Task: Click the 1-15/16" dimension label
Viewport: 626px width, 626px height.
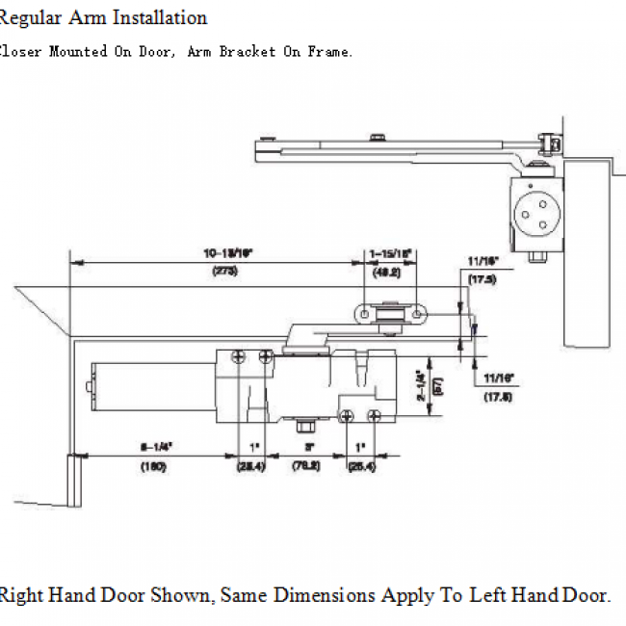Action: click(x=391, y=253)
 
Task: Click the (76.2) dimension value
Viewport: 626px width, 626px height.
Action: click(x=307, y=467)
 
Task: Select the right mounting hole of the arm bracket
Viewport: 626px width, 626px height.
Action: click(x=416, y=314)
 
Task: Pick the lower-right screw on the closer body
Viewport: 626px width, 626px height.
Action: click(x=375, y=415)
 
